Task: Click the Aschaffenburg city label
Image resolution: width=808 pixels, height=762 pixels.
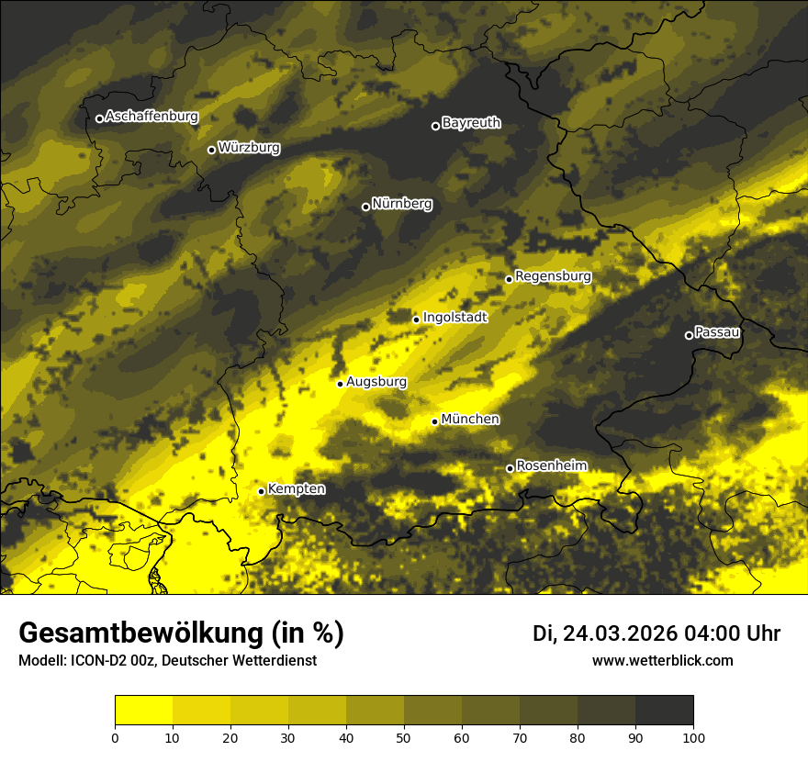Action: point(151,117)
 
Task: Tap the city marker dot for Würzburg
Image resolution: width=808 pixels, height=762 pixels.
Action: point(211,150)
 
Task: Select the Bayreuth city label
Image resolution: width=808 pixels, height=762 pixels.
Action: point(471,123)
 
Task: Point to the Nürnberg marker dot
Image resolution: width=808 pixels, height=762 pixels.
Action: point(365,207)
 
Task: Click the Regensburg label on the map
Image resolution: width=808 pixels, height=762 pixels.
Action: point(553,276)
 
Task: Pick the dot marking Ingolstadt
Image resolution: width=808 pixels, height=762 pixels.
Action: point(416,319)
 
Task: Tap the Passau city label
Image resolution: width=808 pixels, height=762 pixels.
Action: point(717,332)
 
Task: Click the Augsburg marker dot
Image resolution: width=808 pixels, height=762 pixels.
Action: point(340,384)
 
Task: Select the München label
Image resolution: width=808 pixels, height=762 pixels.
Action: point(470,420)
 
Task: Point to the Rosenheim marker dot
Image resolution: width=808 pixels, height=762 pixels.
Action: point(510,468)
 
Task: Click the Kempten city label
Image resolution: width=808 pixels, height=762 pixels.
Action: point(296,489)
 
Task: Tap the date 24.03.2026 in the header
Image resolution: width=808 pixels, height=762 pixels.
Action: point(620,633)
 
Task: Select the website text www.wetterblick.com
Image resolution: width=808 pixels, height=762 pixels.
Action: point(662,660)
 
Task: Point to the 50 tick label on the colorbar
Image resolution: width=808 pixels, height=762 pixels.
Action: point(404,737)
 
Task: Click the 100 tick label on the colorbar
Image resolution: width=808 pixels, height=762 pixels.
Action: point(692,737)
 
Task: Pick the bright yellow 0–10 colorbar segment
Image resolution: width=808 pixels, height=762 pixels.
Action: point(144,711)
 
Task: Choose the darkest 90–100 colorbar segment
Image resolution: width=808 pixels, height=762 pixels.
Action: point(664,711)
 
